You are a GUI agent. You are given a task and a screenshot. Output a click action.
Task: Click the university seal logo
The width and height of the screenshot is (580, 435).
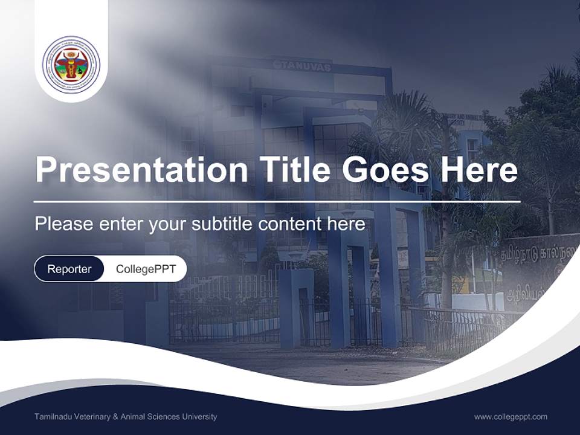click(71, 64)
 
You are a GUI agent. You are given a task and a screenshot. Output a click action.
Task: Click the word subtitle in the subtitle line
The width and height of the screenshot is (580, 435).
click(223, 224)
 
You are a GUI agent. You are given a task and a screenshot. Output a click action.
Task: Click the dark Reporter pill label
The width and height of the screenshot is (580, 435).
click(69, 269)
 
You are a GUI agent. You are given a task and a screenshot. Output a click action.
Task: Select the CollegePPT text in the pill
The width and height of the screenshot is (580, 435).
click(146, 269)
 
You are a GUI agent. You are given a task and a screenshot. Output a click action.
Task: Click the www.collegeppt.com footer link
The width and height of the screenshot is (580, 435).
click(511, 416)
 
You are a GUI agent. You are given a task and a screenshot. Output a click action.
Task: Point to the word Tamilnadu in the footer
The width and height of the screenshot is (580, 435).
click(52, 417)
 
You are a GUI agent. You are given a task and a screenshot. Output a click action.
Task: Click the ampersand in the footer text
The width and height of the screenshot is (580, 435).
click(116, 417)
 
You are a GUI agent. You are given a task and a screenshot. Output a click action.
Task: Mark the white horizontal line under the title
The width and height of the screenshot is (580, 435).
click(277, 201)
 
